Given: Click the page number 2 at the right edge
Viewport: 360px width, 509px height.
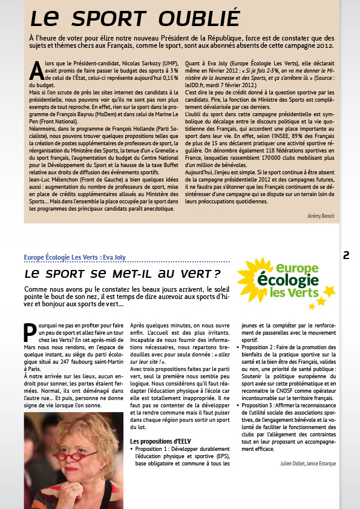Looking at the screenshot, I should point(347,255).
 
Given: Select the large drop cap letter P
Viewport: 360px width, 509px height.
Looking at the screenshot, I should point(30,332).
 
